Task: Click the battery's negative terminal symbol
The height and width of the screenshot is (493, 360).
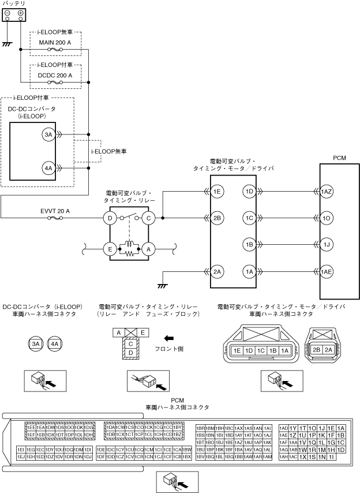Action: [7, 13]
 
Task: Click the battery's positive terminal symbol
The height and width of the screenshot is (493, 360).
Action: [21, 13]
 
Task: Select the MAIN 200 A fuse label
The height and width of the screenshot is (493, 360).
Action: [55, 43]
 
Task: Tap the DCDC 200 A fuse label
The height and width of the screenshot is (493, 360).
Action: [55, 75]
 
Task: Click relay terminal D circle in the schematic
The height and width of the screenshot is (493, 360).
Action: [110, 218]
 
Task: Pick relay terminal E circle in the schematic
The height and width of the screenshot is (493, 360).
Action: [110, 249]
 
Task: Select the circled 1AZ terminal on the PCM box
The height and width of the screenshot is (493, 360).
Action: [327, 191]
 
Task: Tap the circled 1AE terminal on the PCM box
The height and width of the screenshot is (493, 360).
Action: [327, 271]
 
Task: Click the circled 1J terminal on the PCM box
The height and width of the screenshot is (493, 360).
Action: [327, 245]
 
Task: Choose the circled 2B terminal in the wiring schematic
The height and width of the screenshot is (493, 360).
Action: [217, 218]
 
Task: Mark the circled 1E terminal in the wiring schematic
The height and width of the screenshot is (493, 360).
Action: [217, 191]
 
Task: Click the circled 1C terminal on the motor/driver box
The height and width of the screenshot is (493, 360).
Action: [249, 218]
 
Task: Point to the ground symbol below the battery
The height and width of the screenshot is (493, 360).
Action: [7, 43]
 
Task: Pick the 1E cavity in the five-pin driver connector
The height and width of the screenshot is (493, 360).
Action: [237, 350]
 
